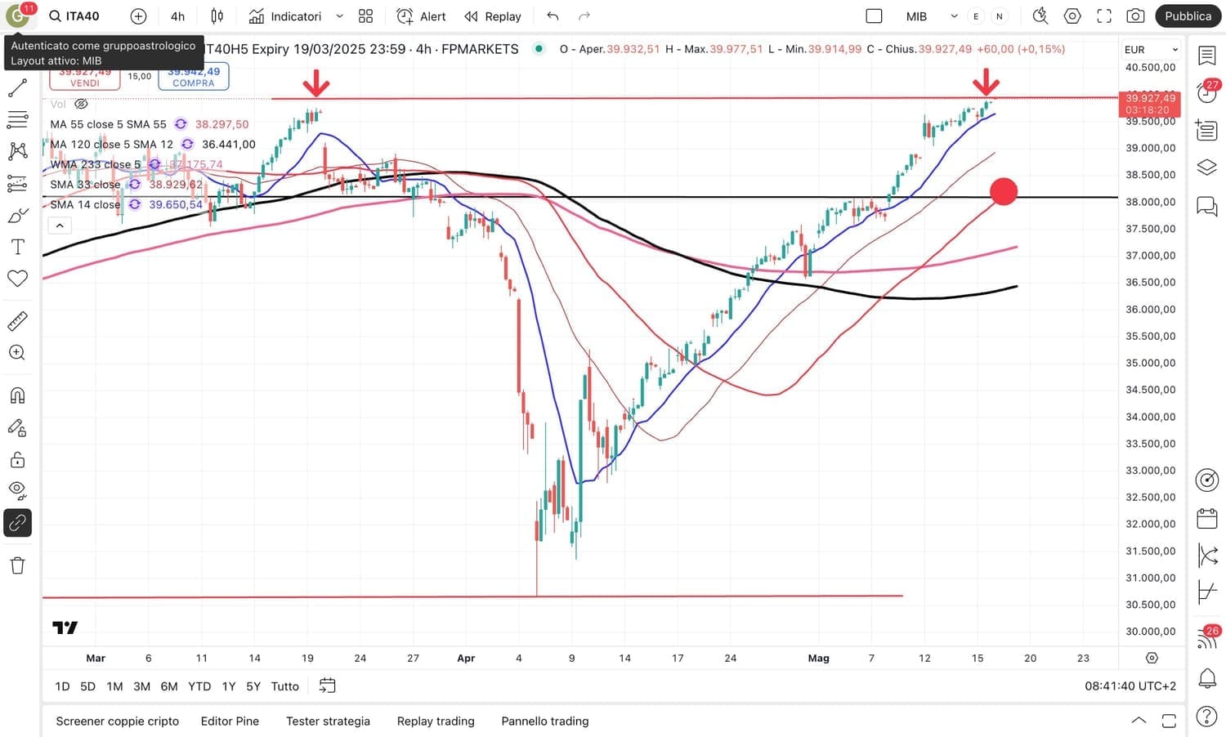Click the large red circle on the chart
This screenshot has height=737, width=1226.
(x=1004, y=192)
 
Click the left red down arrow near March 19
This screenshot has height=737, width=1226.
(x=316, y=83)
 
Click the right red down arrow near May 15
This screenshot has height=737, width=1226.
(x=987, y=83)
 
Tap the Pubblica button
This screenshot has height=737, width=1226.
(x=1188, y=16)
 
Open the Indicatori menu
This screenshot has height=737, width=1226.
(x=286, y=16)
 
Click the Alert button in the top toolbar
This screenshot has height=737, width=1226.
(x=422, y=16)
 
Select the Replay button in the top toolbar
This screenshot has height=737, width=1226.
(x=493, y=16)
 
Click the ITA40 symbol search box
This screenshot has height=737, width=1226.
(x=75, y=16)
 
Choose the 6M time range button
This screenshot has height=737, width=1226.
(x=169, y=686)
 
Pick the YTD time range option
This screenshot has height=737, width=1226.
(x=199, y=686)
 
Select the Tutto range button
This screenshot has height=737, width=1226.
(x=284, y=686)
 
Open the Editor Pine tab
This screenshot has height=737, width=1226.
(x=230, y=721)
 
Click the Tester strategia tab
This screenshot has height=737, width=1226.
(x=328, y=721)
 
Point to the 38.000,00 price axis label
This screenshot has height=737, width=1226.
(x=1150, y=202)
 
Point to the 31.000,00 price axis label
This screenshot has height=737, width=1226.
(x=1150, y=578)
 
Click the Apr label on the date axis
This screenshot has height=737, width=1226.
(x=466, y=659)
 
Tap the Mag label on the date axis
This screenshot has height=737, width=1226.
(x=818, y=659)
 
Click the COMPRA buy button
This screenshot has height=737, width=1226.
(x=194, y=78)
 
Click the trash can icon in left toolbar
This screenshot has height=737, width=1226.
(x=17, y=565)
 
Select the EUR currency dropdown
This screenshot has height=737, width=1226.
(x=1151, y=50)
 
